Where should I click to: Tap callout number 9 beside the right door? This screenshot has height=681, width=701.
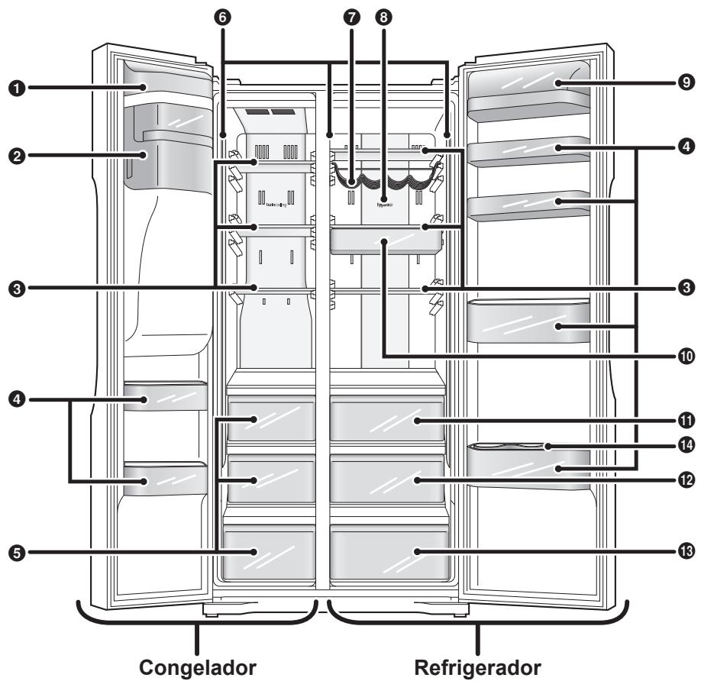point(686,80)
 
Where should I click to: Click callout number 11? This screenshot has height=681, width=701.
point(686,421)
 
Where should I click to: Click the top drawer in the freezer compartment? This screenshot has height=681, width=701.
point(271,418)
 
